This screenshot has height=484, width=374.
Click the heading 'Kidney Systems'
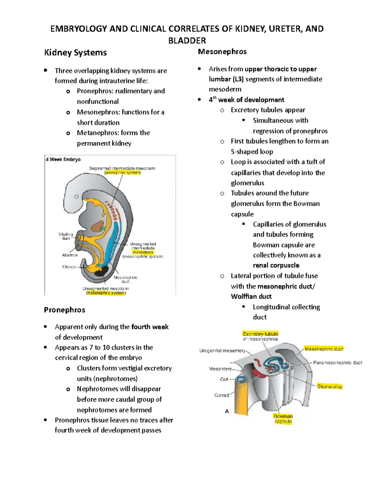(x=75, y=52)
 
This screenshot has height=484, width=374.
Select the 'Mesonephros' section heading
(x=222, y=51)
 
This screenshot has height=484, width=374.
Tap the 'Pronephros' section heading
(x=65, y=310)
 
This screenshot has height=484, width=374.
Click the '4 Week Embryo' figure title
(x=63, y=160)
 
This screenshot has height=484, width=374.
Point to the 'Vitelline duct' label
(x=66, y=236)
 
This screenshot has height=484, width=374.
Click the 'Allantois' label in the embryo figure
(x=70, y=255)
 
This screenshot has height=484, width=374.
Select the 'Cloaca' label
(x=69, y=267)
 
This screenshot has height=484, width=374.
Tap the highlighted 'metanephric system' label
(x=106, y=293)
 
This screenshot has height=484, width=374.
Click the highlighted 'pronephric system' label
(x=122, y=172)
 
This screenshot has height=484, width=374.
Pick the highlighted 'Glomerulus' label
(x=329, y=386)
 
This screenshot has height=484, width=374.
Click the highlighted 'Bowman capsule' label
(x=283, y=419)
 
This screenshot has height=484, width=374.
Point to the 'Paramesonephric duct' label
(x=338, y=362)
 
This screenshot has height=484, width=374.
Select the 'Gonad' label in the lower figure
(x=222, y=395)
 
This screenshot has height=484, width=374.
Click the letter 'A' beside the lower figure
(x=227, y=411)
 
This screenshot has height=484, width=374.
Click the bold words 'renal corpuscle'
(x=276, y=265)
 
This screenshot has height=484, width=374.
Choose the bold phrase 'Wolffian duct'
(x=251, y=296)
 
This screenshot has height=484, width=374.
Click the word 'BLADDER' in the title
(x=187, y=41)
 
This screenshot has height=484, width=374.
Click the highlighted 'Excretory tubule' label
(x=261, y=334)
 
